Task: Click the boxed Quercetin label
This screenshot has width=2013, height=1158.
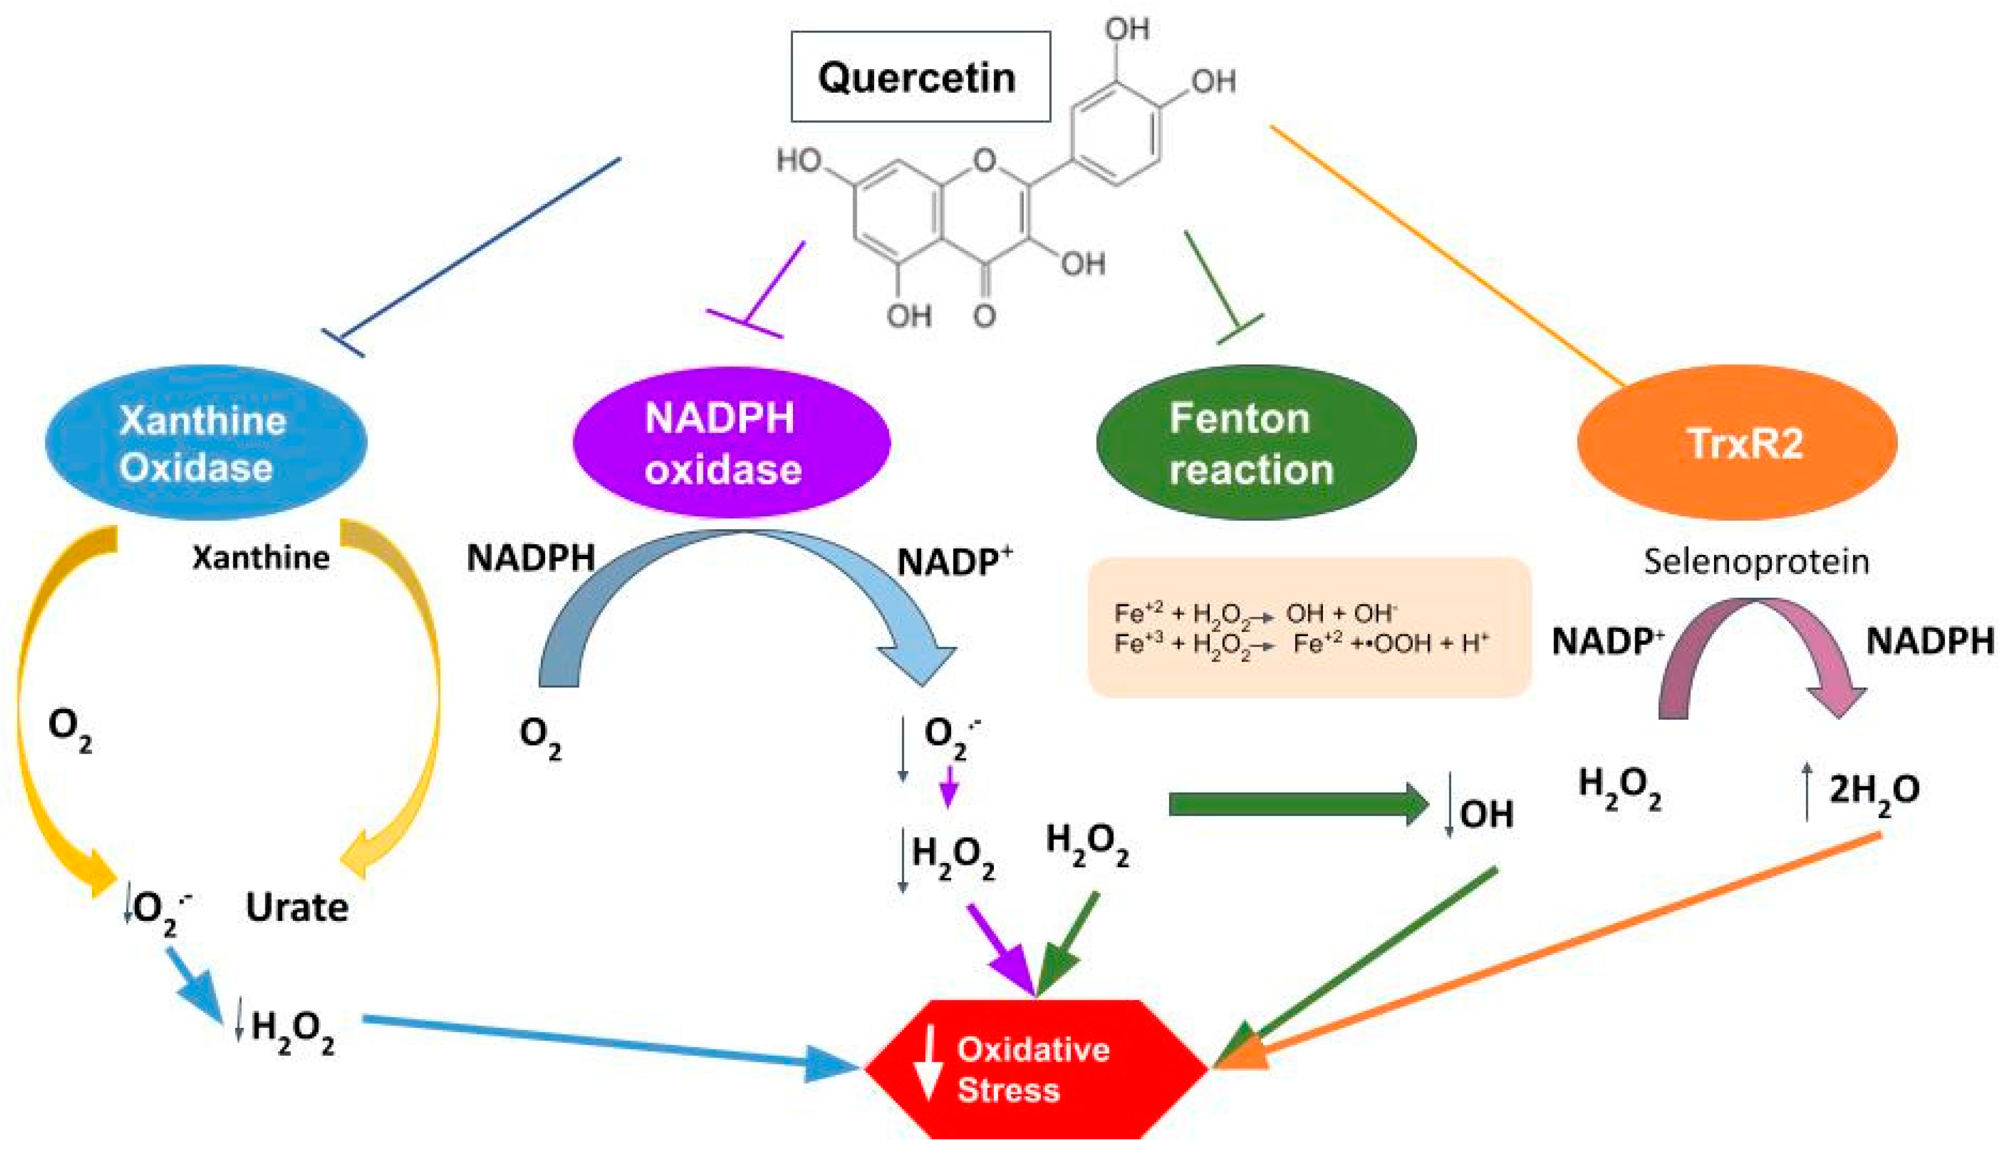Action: click(x=920, y=77)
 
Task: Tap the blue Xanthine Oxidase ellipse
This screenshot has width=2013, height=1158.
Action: click(x=205, y=442)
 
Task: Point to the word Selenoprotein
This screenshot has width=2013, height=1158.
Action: click(x=1756, y=562)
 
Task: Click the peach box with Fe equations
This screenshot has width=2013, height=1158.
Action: click(x=1308, y=628)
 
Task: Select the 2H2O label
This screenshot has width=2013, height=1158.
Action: click(x=1872, y=790)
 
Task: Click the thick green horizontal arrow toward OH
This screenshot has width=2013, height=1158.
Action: click(x=1296, y=804)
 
